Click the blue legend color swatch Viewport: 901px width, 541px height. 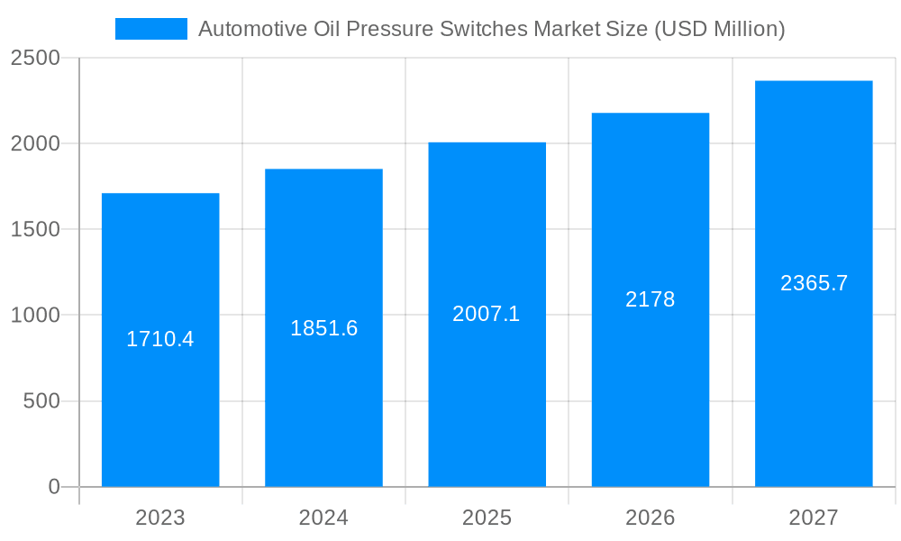click(150, 29)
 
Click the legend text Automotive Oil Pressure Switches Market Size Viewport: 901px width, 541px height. click(491, 29)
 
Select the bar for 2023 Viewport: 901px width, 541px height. click(160, 406)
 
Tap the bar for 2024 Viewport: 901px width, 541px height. click(323, 406)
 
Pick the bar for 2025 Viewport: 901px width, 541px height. click(487, 406)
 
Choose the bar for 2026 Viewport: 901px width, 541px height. click(650, 406)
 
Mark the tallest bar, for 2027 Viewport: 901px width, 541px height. click(814, 406)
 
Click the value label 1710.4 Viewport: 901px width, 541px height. click(160, 339)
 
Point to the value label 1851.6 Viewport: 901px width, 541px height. click(323, 328)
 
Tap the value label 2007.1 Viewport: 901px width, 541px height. click(487, 314)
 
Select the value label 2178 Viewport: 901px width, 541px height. click(650, 299)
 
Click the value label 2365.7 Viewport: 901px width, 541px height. click(814, 283)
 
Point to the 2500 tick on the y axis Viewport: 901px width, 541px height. click(35, 59)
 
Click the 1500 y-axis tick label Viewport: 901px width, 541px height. click(35, 230)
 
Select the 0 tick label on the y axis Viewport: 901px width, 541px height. click(53, 487)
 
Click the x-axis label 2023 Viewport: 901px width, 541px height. click(160, 518)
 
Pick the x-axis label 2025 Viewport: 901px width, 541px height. click(487, 518)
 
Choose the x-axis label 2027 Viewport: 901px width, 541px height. click(814, 518)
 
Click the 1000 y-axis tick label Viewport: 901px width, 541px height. click(35, 316)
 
